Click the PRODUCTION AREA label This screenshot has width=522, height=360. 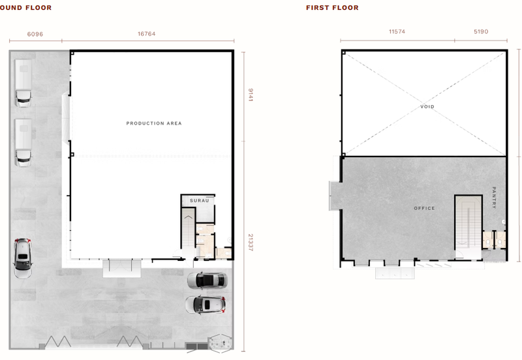tap(154, 123)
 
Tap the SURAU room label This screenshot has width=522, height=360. tap(200, 201)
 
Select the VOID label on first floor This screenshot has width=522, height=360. tap(427, 107)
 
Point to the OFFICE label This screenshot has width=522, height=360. tap(424, 208)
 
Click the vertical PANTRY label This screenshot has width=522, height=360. tap(494, 198)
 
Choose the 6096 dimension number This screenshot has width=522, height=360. tap(35, 34)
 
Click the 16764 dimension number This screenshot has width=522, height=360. tap(146, 34)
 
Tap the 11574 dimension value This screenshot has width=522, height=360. tap(397, 31)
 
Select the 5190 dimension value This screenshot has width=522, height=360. tap(481, 31)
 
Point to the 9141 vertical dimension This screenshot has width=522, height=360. tap(251, 95)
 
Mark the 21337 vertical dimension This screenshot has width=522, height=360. tap(251, 242)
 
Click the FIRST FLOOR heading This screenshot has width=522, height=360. tap(332, 8)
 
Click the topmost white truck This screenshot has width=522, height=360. tap(23, 83)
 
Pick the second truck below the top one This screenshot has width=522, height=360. tap(23, 142)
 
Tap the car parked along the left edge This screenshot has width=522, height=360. tap(23, 258)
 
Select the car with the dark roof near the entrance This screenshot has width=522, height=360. tap(207, 280)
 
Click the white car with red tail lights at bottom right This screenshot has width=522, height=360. tap(206, 305)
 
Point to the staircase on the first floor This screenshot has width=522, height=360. tap(468, 227)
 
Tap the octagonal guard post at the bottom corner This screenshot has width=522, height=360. tap(220, 342)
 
